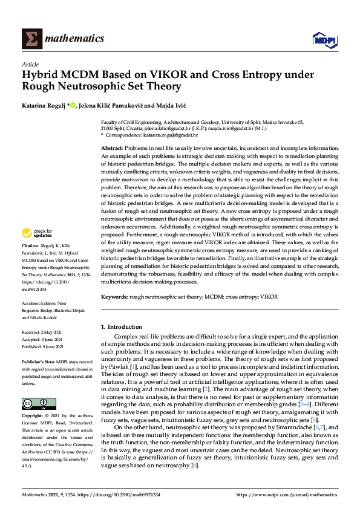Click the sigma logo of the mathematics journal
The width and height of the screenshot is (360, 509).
(31, 39)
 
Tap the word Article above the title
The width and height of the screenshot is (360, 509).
(30, 63)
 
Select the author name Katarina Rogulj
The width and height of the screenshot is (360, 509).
(42, 106)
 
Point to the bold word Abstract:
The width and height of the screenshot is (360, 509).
(113, 148)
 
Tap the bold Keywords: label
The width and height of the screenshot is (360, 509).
(114, 297)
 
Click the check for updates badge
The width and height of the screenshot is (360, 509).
(36, 233)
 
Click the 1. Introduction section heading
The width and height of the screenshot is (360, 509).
(123, 327)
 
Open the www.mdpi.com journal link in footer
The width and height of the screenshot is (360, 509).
(286, 494)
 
